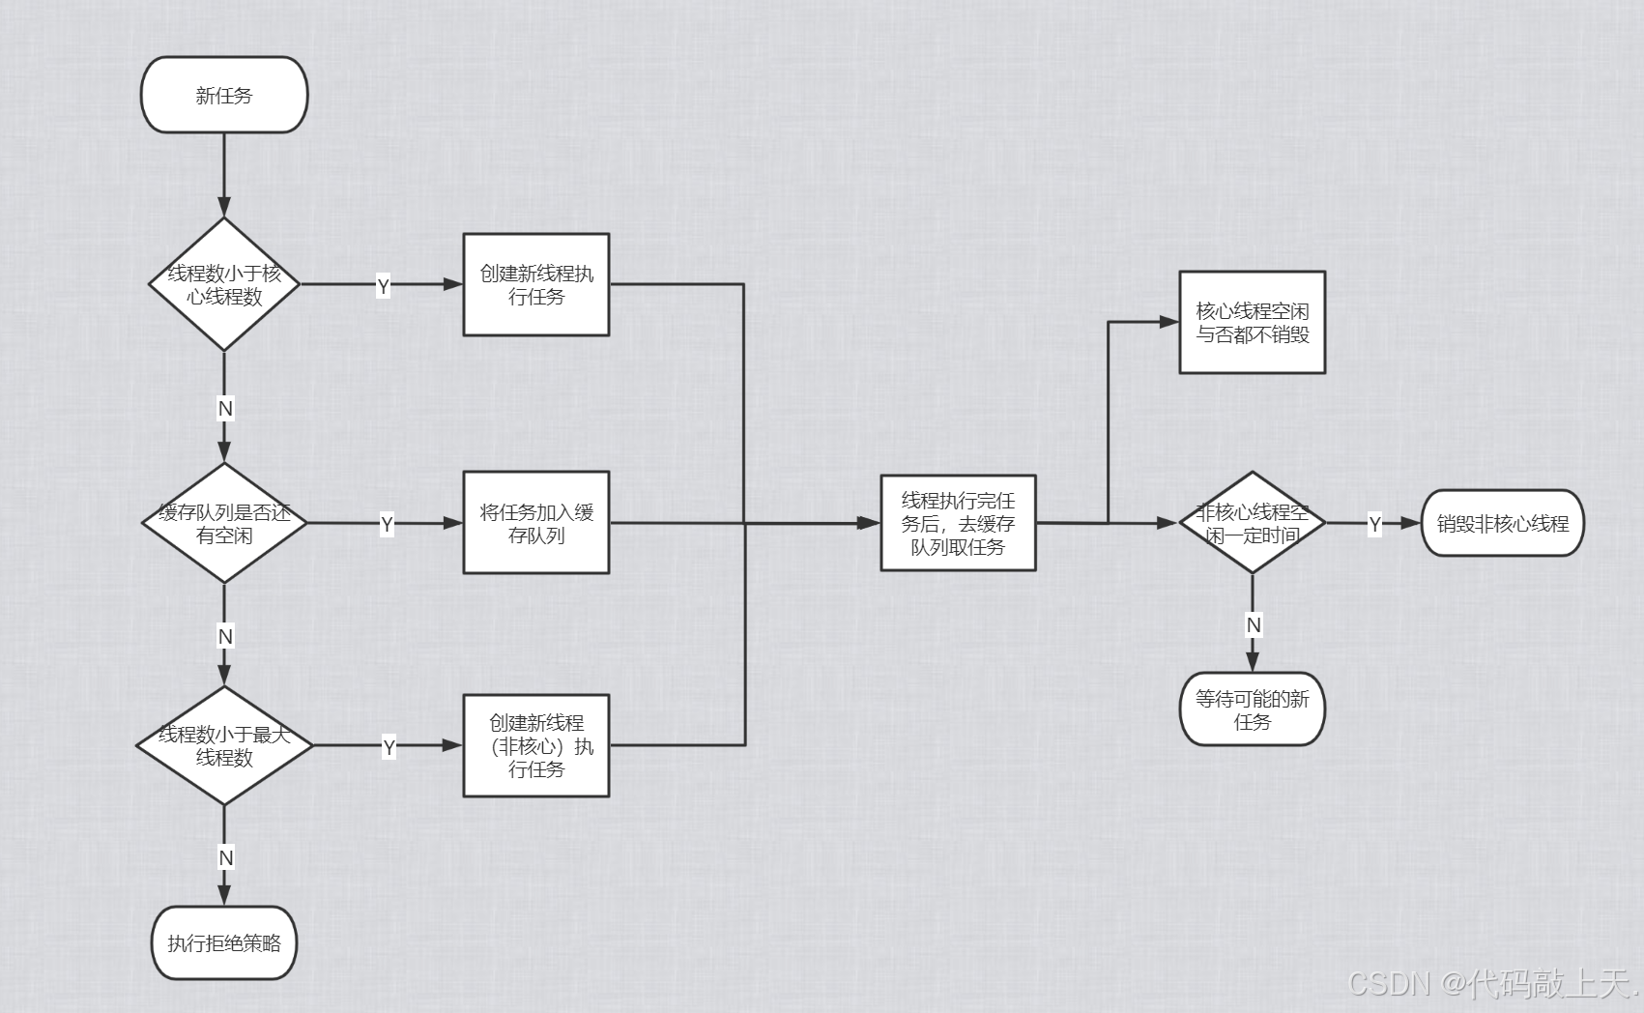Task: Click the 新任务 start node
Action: pos(224,95)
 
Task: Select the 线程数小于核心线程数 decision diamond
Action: pos(224,284)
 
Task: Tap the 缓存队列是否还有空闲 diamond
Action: pos(224,523)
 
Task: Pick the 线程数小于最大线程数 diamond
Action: pos(224,745)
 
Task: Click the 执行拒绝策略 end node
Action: pos(224,942)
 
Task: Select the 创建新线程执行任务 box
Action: pos(536,284)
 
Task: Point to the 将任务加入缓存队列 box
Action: pos(536,523)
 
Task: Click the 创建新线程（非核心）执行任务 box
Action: pos(536,745)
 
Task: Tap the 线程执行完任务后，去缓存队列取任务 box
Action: pos(958,523)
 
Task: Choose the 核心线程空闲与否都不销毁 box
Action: pos(1252,322)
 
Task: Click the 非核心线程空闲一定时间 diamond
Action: pos(1252,523)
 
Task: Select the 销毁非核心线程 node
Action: pos(1502,523)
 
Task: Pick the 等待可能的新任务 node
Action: pos(1252,709)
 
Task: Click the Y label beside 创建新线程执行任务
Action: pos(384,286)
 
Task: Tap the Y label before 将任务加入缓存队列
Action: pos(387,525)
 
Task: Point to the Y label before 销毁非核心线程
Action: pos(1374,525)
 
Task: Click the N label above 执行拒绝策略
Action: pos(225,857)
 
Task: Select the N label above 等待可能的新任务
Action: pos(1254,625)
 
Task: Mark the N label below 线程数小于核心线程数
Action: pos(225,409)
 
